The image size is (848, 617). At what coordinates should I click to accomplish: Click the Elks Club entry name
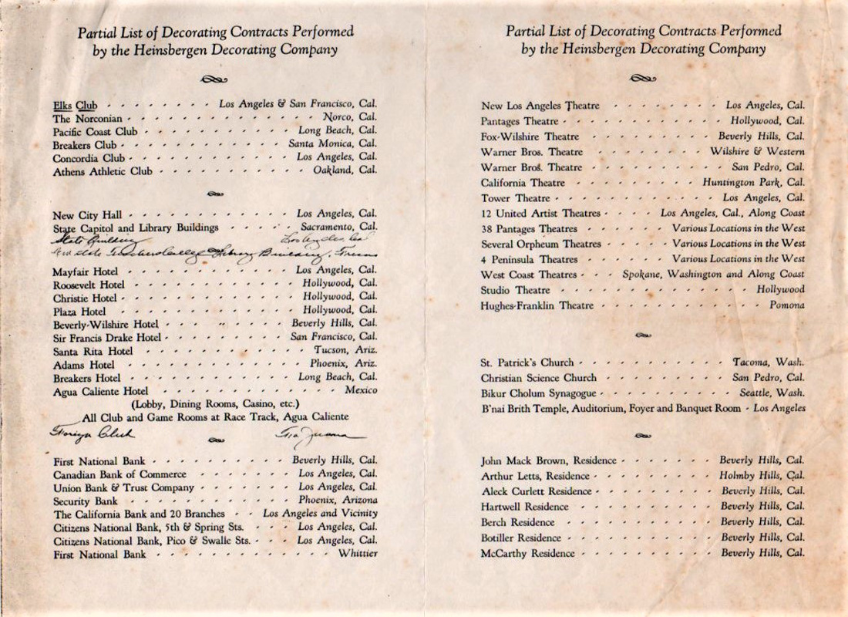pyautogui.click(x=75, y=105)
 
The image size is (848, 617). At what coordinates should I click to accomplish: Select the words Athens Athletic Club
pyautogui.click(x=103, y=171)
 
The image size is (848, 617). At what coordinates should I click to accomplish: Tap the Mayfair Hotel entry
pyautogui.click(x=86, y=271)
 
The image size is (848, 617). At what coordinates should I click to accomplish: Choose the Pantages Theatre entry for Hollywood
pyautogui.click(x=520, y=121)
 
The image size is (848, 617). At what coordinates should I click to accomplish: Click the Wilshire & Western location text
pyautogui.click(x=757, y=152)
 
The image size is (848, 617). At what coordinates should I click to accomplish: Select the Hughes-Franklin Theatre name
pyautogui.click(x=537, y=306)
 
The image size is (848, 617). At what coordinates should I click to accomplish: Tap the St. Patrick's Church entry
pyautogui.click(x=527, y=362)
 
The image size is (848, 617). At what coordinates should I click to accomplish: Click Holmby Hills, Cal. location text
pyautogui.click(x=762, y=476)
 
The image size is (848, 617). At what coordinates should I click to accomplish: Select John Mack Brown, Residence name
pyautogui.click(x=548, y=461)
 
